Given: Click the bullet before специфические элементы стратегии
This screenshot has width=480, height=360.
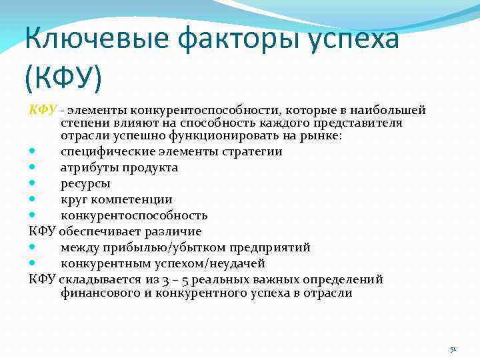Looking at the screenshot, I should click(x=33, y=152).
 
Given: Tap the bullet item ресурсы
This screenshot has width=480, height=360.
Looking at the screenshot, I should click(x=85, y=183).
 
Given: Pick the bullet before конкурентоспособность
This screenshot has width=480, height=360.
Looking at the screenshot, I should click(x=33, y=216).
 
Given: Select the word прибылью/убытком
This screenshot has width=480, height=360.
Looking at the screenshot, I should click(x=166, y=247).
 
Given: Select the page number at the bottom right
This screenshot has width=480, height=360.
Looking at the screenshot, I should click(x=453, y=349).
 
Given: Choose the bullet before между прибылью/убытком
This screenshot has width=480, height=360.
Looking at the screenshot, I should click(x=33, y=248).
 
